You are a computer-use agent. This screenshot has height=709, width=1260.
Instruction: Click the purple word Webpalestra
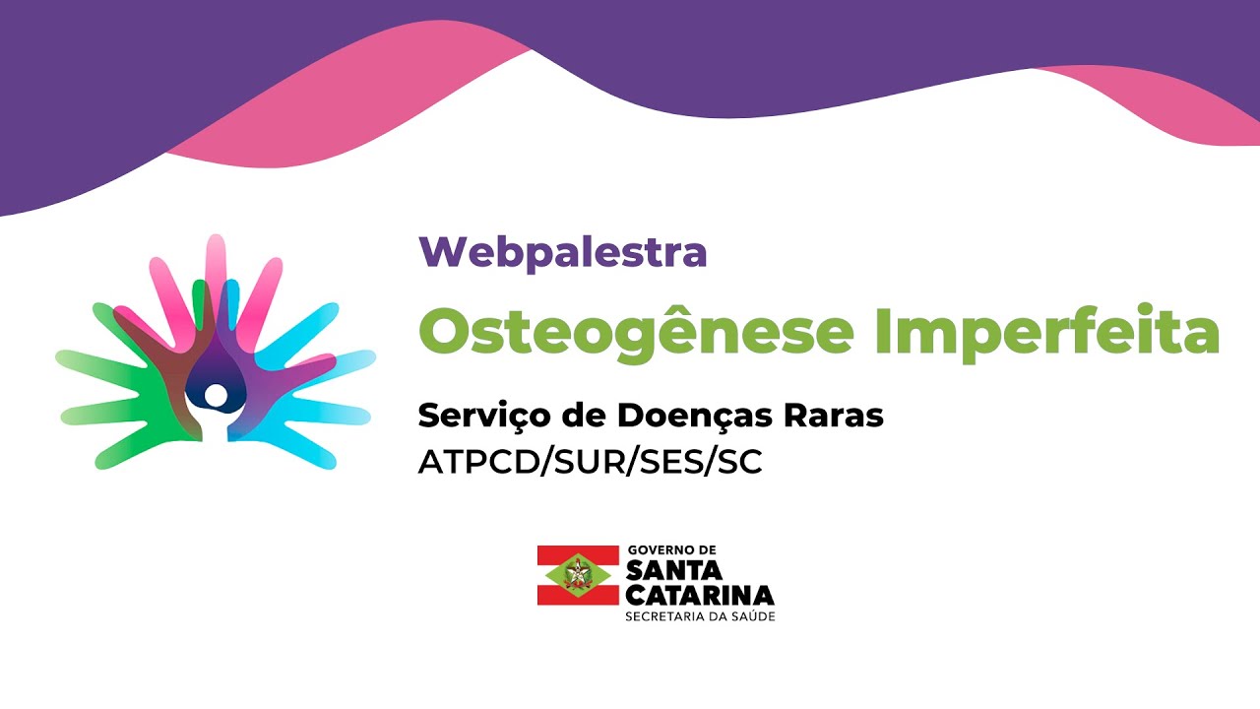[562, 252]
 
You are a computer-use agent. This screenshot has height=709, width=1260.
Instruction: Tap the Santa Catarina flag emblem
[576, 574]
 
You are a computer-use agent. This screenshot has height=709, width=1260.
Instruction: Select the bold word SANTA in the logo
[674, 570]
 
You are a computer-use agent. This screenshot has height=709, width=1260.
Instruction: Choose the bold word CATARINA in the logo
[699, 594]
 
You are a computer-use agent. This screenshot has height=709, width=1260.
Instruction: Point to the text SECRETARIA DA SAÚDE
[700, 616]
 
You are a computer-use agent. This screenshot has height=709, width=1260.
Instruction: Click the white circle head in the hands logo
[216, 396]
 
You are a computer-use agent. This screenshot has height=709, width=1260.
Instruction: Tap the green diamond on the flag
[576, 574]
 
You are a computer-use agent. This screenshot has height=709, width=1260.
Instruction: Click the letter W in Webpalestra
[440, 252]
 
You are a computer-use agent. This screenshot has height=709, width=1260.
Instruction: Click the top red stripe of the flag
[576, 553]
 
